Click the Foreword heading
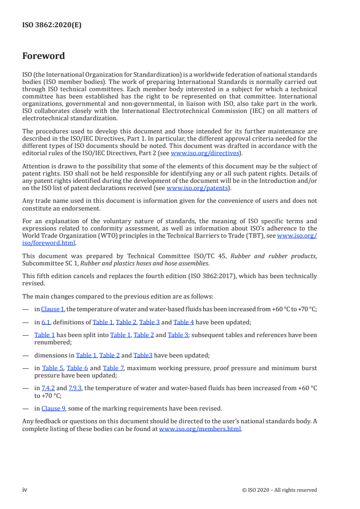44,56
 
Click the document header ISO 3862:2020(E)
52,25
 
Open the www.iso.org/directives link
204,153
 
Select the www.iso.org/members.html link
200,429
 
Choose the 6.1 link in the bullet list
46,322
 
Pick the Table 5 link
53,368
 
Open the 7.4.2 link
48,388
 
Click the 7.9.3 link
75,388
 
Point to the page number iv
25,489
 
